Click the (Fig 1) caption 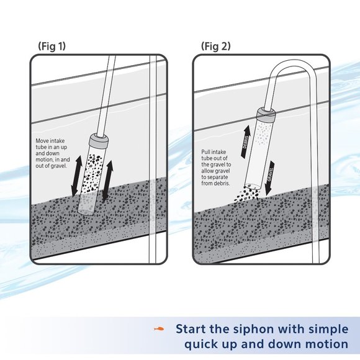tap(52, 47)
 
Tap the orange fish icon tap(161, 328)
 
